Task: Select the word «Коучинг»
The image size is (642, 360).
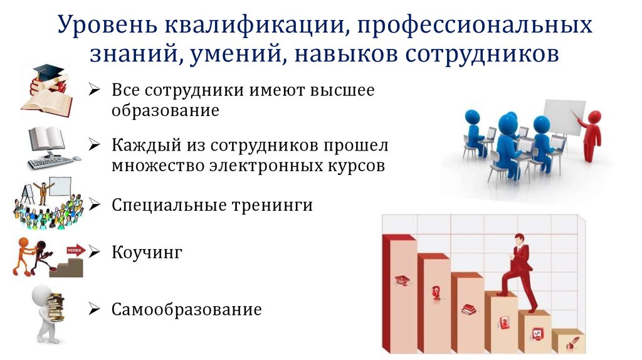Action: [147, 253]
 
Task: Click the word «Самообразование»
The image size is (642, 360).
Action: [186, 309]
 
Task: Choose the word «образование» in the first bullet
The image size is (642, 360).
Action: [166, 111]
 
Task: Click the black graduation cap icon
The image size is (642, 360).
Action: [46, 71]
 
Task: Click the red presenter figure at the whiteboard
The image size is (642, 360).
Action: [591, 135]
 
